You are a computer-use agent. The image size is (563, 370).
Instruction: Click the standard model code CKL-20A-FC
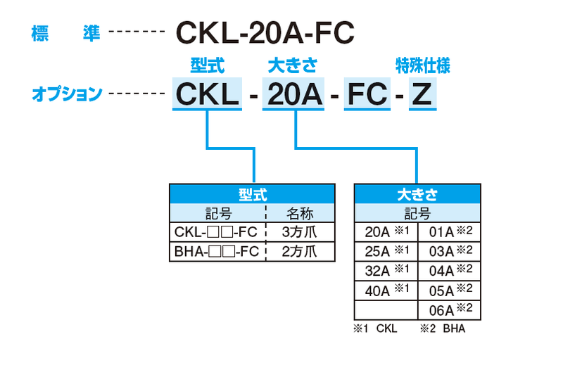[x=264, y=32]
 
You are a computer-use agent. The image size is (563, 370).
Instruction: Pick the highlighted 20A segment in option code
[x=293, y=94]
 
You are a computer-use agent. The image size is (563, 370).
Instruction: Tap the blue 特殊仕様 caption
[x=422, y=66]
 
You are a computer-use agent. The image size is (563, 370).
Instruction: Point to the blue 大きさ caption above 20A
[x=293, y=66]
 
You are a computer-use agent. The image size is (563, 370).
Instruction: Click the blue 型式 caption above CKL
[x=207, y=66]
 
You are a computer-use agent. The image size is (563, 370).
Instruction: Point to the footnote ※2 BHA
[x=443, y=328]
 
